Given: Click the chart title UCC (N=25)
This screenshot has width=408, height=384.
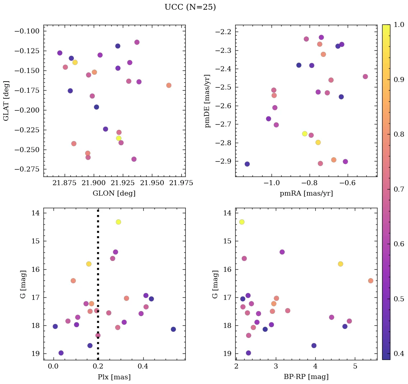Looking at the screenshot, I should (x=190, y=7).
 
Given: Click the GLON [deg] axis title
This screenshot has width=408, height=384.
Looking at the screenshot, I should (x=114, y=193).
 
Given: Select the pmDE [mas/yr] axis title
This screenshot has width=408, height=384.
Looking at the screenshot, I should (x=208, y=101).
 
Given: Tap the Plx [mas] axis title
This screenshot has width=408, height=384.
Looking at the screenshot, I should (x=114, y=377).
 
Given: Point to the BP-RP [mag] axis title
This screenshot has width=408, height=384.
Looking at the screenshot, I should (x=306, y=377).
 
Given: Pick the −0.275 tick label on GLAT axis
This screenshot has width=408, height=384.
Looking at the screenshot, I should (x=27, y=169).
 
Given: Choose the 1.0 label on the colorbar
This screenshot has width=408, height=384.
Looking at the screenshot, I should (x=399, y=25).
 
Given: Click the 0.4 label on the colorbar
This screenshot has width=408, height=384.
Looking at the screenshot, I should (x=399, y=354).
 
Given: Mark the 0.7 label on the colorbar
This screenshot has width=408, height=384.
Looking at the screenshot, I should (x=399, y=189).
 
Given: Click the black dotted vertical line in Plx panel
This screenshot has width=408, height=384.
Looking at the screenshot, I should (x=98, y=252).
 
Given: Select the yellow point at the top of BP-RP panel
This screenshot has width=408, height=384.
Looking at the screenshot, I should (x=242, y=222).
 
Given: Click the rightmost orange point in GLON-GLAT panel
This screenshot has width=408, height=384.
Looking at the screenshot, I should (x=169, y=85).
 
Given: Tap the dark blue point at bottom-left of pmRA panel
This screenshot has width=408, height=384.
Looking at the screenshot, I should (x=247, y=164).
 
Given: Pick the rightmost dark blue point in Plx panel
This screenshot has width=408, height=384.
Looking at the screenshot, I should (x=173, y=329).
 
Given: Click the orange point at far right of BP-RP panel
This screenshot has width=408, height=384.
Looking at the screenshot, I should (x=371, y=280).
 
